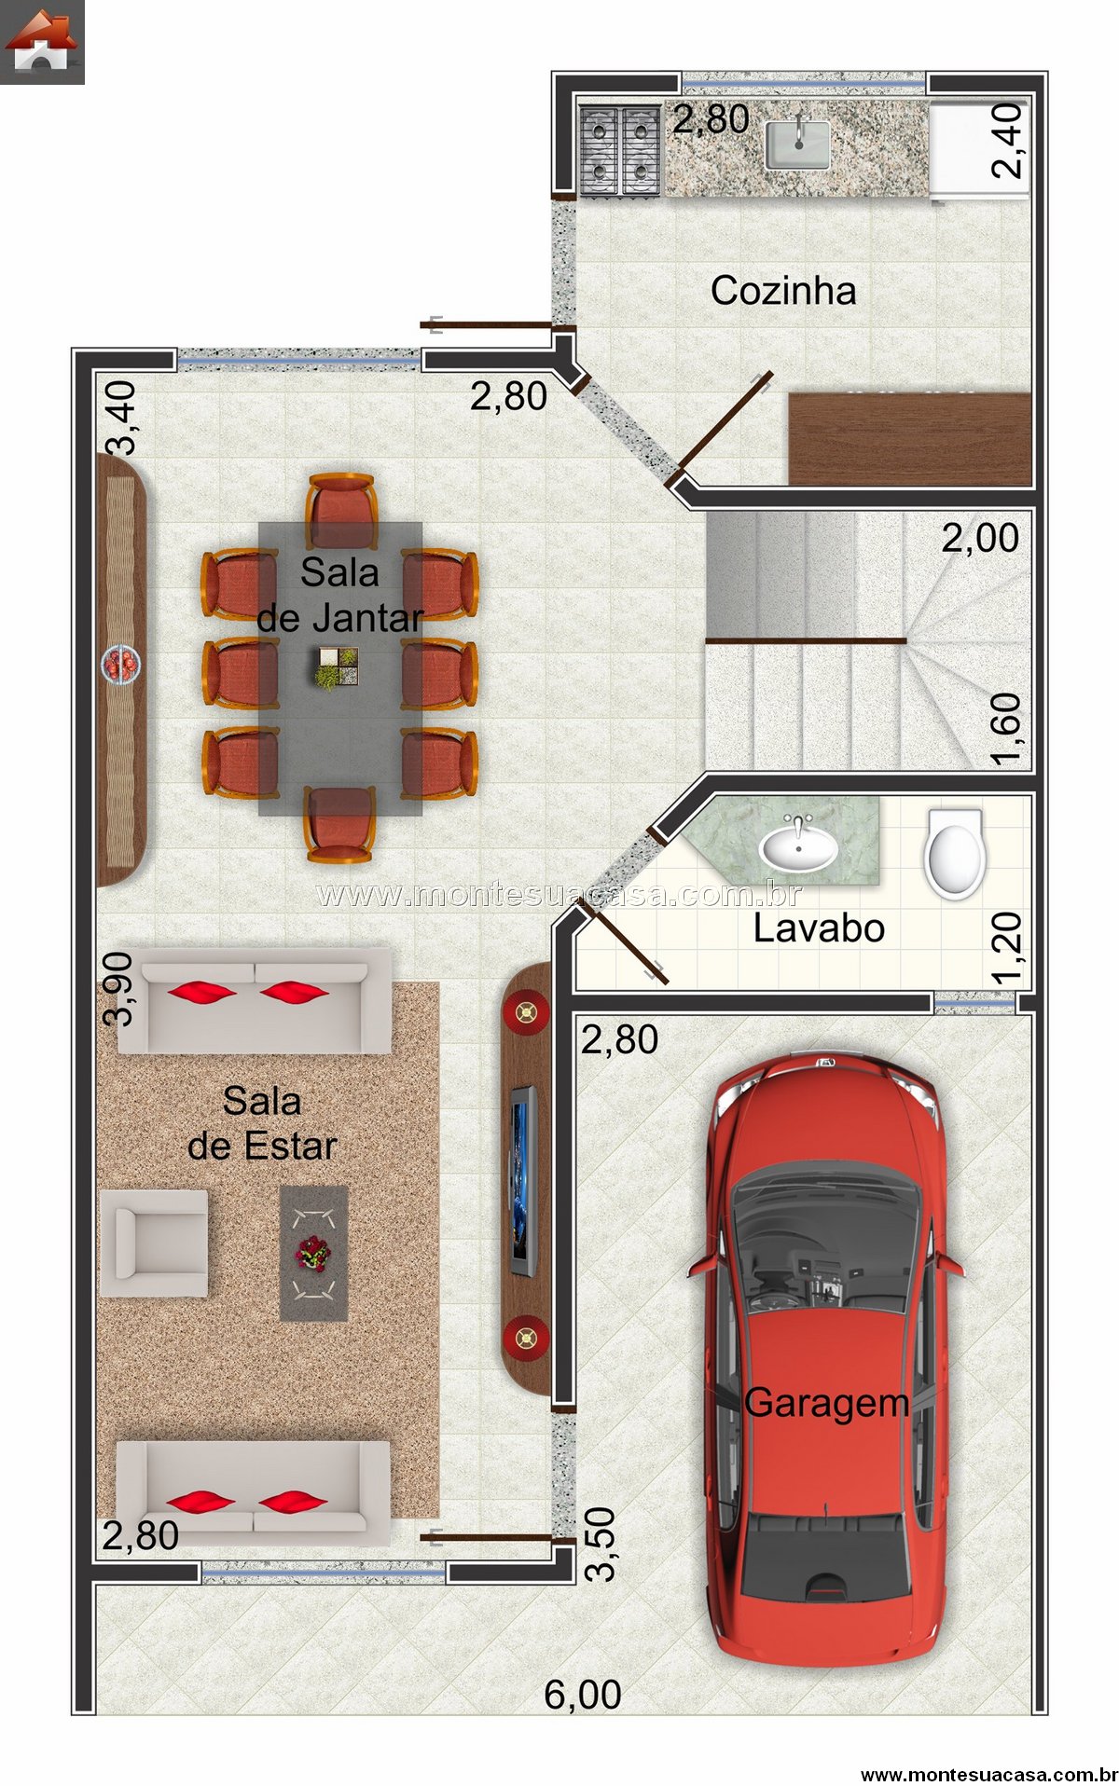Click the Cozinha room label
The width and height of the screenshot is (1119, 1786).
[783, 291]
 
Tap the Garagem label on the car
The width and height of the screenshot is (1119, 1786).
[826, 1404]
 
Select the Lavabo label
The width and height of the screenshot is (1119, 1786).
[819, 928]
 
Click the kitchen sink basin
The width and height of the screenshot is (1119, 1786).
[797, 145]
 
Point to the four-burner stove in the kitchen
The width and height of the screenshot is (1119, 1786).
[620, 149]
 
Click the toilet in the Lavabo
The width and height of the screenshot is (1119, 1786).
[954, 853]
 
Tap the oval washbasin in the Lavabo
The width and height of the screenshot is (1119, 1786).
[797, 846]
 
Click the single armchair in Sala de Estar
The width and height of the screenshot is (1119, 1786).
[154, 1243]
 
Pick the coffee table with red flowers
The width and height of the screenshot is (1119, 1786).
[314, 1253]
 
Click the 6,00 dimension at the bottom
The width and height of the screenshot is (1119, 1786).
[583, 1695]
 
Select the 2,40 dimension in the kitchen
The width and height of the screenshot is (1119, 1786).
[1007, 141]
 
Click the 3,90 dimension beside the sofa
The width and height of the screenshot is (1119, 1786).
[119, 989]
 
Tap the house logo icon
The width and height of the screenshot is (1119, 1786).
[42, 42]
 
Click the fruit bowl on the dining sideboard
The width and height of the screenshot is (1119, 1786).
[122, 665]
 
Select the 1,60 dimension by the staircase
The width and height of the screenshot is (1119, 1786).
[1007, 730]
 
